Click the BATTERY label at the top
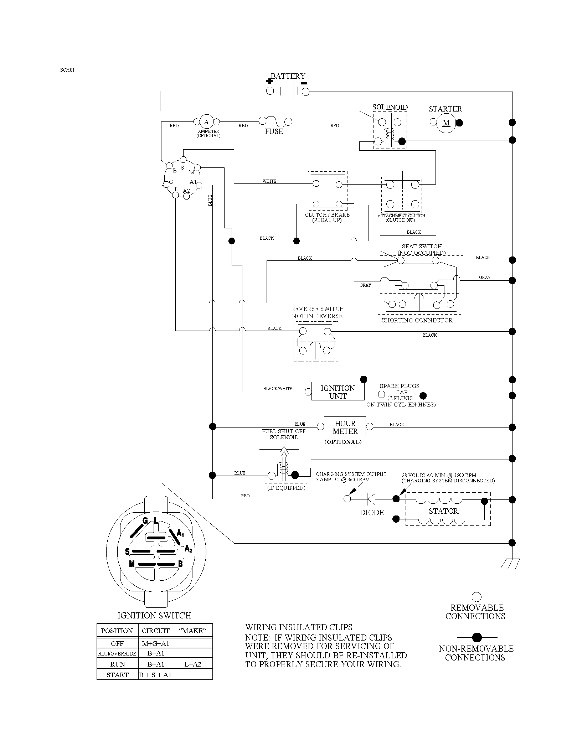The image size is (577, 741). pos(288,76)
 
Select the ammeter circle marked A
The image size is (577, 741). pos(206,122)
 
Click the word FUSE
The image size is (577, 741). pos(274,131)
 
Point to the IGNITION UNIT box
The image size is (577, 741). pos(338,392)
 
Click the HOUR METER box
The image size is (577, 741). pos(345,426)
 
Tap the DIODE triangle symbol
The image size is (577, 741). pos(371,499)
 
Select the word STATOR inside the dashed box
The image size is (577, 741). pos(443,511)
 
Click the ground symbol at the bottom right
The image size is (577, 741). pos(510,563)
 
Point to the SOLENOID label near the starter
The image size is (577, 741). pos(390,107)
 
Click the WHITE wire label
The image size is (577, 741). pos(269,181)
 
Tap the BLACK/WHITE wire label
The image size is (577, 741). pos(278,389)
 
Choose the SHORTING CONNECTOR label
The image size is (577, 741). pos(417,320)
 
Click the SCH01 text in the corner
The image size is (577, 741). pos(67,70)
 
